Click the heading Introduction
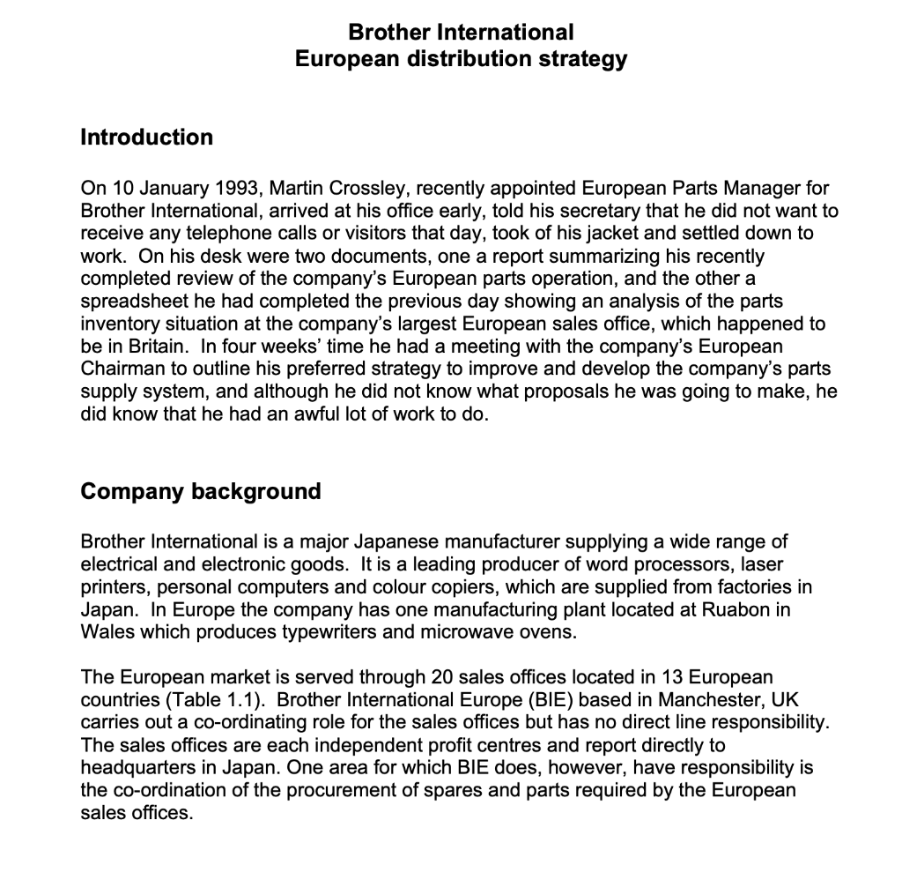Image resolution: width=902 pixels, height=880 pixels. coord(146,138)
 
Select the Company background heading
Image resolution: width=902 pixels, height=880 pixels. coord(201,491)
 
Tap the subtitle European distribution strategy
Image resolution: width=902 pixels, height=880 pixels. coord(461,59)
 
